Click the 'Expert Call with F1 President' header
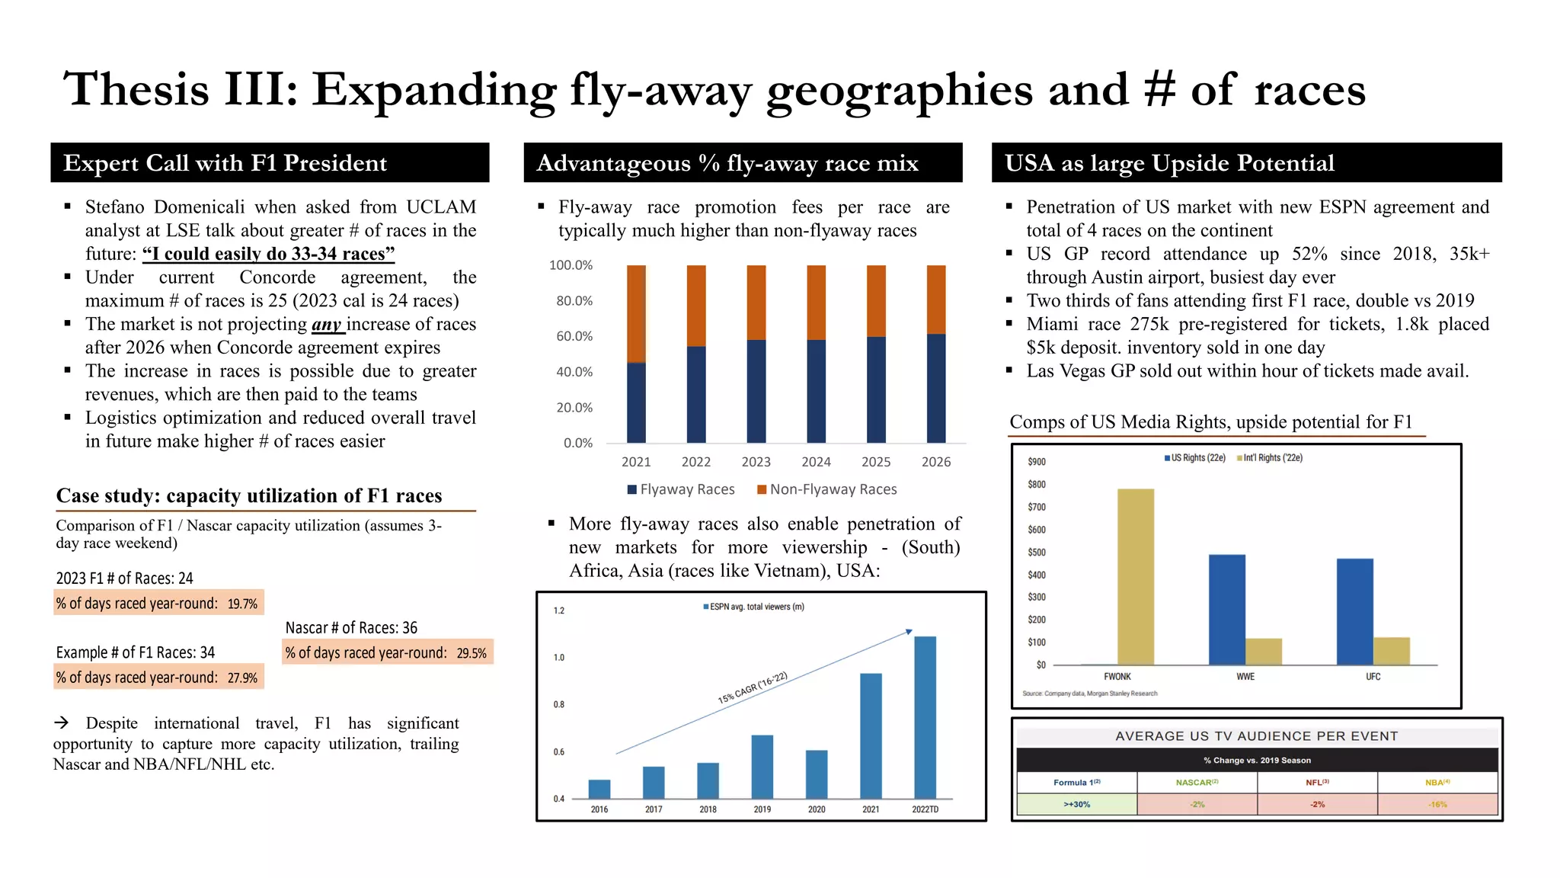[x=225, y=163]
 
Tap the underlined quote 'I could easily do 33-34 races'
[x=268, y=254]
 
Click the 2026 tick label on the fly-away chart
[x=935, y=462]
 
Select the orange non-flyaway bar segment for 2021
[x=636, y=313]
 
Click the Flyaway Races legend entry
[x=680, y=489]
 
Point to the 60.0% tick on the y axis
[x=574, y=336]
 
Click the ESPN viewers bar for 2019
[x=762, y=766]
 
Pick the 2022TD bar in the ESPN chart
[x=925, y=716]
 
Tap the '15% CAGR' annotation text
[x=752, y=687]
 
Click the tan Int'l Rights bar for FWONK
[x=1135, y=576]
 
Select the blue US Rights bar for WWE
[x=1226, y=609]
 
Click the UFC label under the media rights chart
[x=1373, y=677]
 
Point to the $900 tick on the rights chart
[x=1036, y=462]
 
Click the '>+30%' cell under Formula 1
[x=1076, y=804]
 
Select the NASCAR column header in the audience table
[x=1197, y=783]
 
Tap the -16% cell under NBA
[x=1437, y=804]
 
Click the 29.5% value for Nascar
[x=472, y=653]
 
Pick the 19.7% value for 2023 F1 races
[x=242, y=604]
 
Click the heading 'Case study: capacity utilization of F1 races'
[x=248, y=496]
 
